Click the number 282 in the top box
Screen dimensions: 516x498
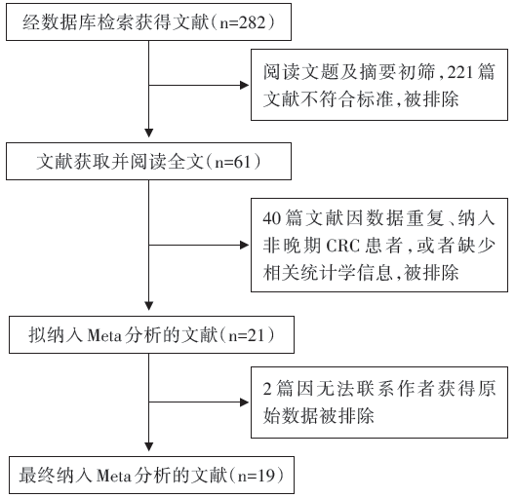coord(252,22)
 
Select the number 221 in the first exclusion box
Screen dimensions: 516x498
coord(459,72)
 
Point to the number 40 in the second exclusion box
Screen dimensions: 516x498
coord(271,217)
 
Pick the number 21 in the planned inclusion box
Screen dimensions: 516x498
coord(256,335)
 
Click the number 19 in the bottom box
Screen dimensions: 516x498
coord(265,476)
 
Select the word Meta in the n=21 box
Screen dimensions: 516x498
coord(104,335)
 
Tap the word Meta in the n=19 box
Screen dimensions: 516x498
coord(114,476)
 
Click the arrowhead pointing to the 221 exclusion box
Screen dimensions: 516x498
coord(245,86)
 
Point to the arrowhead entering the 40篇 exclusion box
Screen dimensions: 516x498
coord(245,245)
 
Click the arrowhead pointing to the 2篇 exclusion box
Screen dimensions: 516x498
coord(245,402)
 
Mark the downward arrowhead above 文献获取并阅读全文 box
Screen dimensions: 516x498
coord(148,133)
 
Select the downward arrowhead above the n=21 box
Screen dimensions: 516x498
coord(148,306)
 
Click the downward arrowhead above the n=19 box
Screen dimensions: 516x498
coord(148,446)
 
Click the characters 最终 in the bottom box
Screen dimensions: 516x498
coord(36,476)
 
